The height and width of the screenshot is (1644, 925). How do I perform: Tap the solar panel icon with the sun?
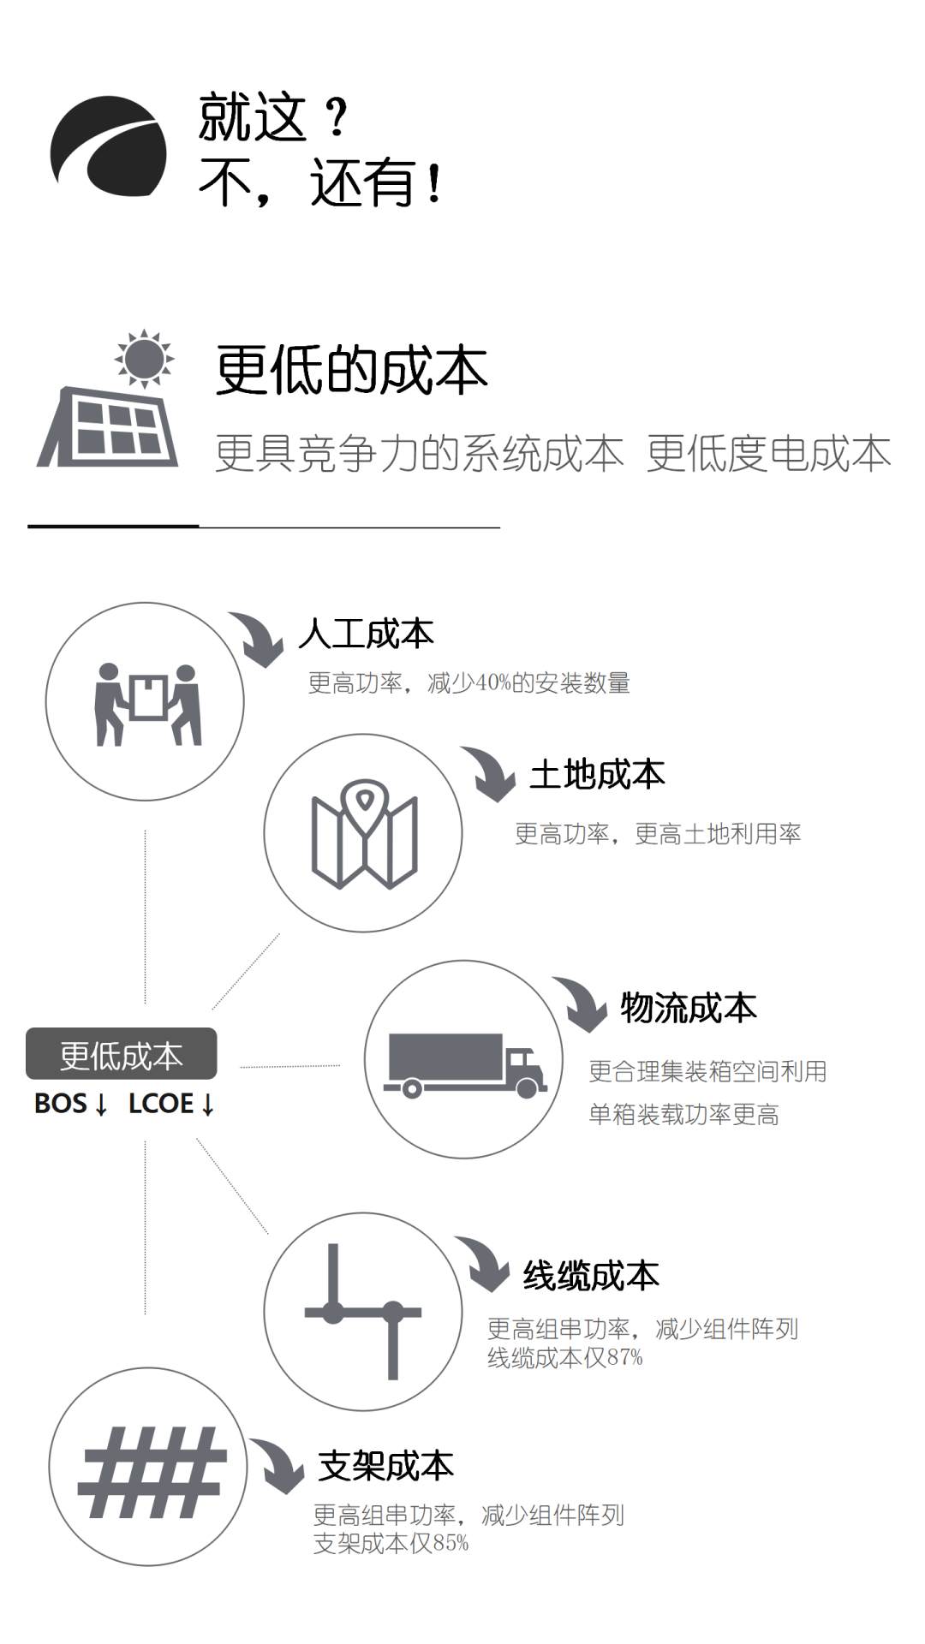point(109,402)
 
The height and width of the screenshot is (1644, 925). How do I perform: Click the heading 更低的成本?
point(351,371)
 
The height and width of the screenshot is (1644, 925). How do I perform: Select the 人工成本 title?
point(367,634)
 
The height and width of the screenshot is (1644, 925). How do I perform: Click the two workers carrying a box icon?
point(146,703)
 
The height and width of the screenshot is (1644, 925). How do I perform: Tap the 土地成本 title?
point(597,775)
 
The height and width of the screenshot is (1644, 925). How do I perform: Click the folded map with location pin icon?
point(364,834)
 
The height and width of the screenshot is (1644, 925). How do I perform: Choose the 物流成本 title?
point(689,1008)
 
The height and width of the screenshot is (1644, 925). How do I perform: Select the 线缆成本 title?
point(591,1276)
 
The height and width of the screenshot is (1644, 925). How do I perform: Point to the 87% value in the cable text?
point(625,1358)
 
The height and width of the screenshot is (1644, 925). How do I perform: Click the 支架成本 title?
point(385,1466)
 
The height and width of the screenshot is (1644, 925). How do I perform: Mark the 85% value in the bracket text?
point(451,1544)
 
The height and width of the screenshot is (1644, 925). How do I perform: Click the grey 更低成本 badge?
point(122,1055)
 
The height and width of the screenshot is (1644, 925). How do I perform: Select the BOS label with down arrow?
point(71,1104)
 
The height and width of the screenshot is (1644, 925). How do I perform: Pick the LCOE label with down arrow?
point(171,1104)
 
